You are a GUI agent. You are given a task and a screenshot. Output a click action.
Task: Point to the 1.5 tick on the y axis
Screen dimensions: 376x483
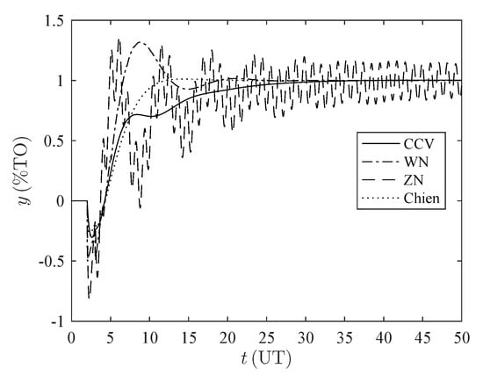point(56,20)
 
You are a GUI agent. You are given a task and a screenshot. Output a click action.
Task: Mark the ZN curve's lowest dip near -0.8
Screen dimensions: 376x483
point(90,298)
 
